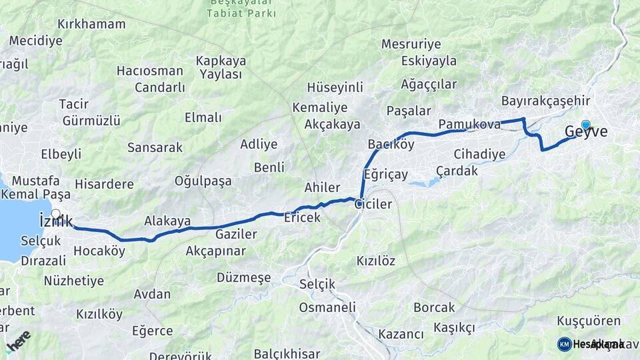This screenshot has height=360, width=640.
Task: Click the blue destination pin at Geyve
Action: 585,125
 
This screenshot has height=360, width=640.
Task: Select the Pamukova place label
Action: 469,124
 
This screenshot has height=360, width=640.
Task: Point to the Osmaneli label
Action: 327,307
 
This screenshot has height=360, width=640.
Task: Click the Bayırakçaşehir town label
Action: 546,101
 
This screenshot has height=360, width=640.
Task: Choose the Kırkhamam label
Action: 91,24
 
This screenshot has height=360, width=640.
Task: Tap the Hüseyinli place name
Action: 335,87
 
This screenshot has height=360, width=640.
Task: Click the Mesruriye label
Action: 411,44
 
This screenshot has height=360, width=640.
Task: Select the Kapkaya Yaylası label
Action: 221,67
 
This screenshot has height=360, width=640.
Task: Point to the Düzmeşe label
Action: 245,277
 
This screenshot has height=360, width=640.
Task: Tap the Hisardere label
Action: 104,184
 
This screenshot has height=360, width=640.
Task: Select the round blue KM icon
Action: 564,344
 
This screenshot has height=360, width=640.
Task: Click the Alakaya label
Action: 167,221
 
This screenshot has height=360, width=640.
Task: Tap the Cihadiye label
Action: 479,154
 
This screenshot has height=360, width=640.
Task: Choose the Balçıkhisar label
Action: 287,353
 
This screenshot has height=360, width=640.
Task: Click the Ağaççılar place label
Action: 429,84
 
